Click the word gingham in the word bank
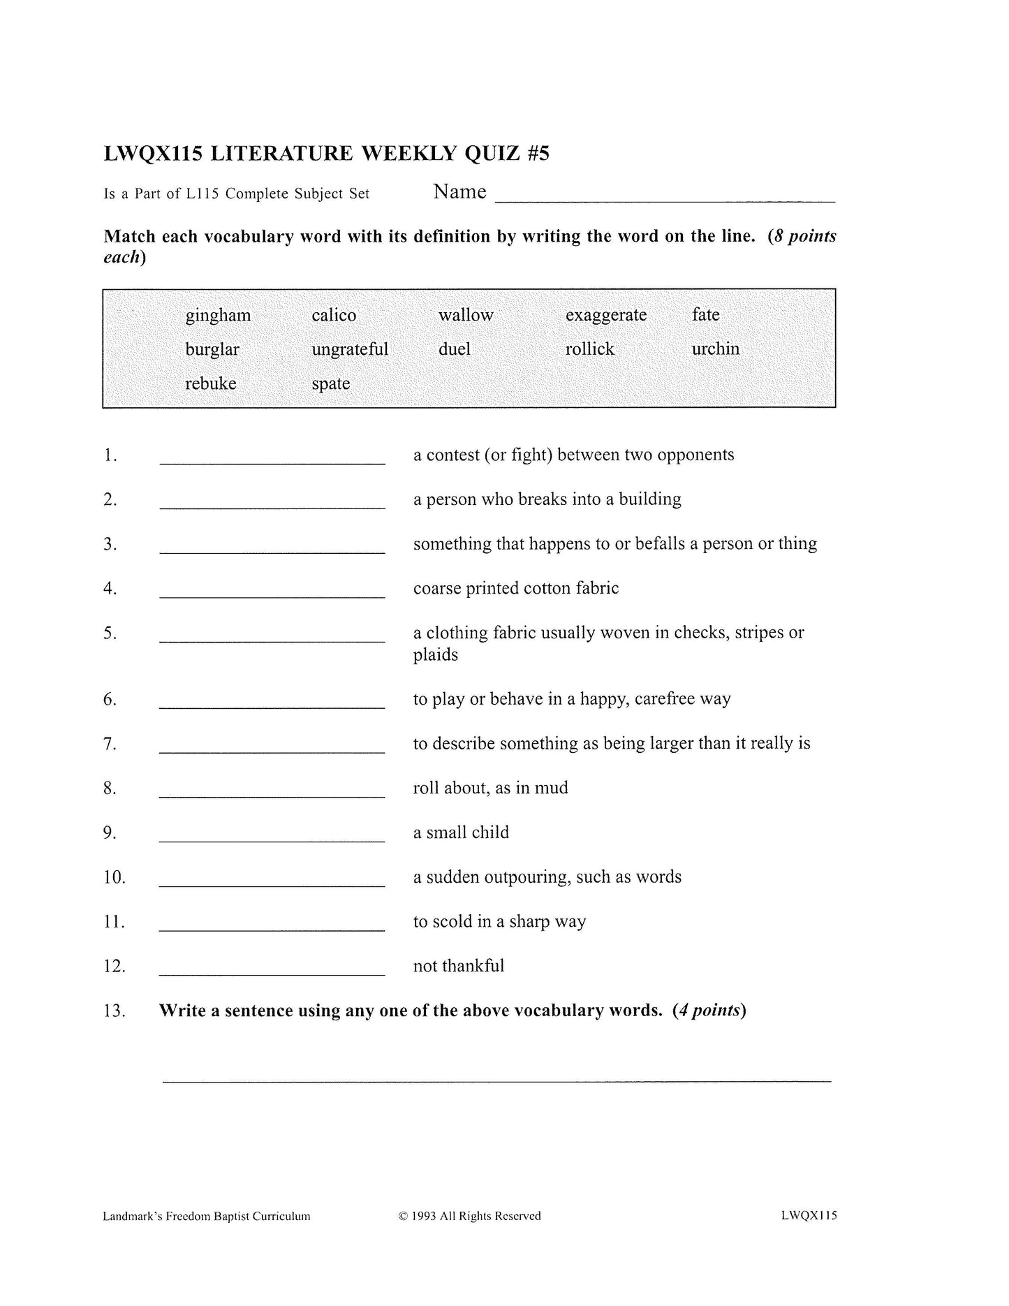218,316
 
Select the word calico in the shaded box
334,316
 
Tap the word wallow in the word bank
466,316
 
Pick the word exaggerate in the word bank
606,316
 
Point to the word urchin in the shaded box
715,349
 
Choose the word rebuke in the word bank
210,383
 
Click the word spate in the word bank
331,384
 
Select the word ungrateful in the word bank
350,349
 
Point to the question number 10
115,877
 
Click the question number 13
115,1011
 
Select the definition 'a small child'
461,832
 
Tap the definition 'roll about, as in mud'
490,788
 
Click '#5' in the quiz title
538,154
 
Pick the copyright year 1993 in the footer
423,1216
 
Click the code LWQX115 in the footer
809,1215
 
